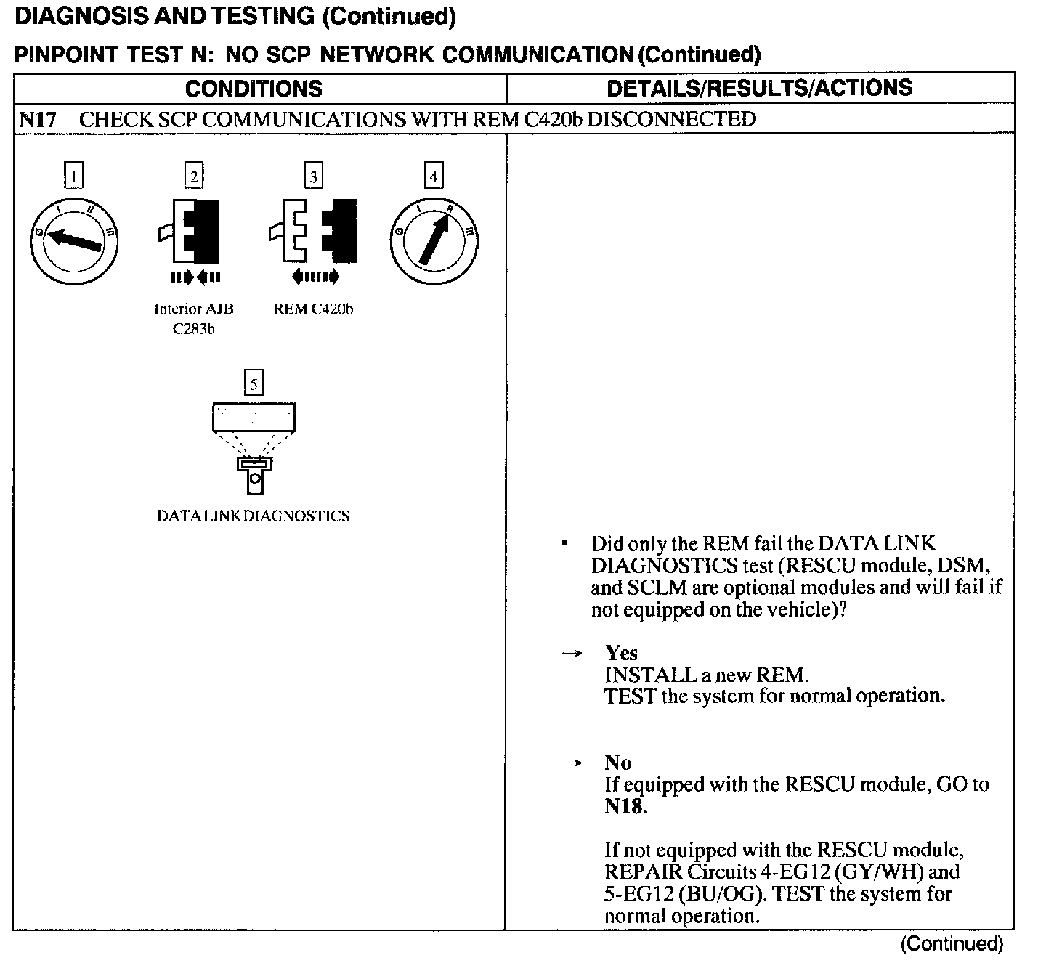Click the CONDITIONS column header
[x=254, y=89]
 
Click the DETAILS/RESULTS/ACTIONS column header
[x=759, y=88]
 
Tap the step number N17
[x=37, y=120]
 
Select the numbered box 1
[x=73, y=176]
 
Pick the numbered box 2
[x=193, y=176]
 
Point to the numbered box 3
[x=313, y=176]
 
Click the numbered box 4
[x=434, y=176]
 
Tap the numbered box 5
[x=253, y=383]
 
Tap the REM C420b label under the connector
[x=314, y=309]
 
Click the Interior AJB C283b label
[x=194, y=318]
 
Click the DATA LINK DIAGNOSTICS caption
[x=254, y=516]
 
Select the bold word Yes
[x=621, y=653]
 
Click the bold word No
[x=617, y=763]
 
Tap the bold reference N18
[x=624, y=807]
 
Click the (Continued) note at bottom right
[x=952, y=944]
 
